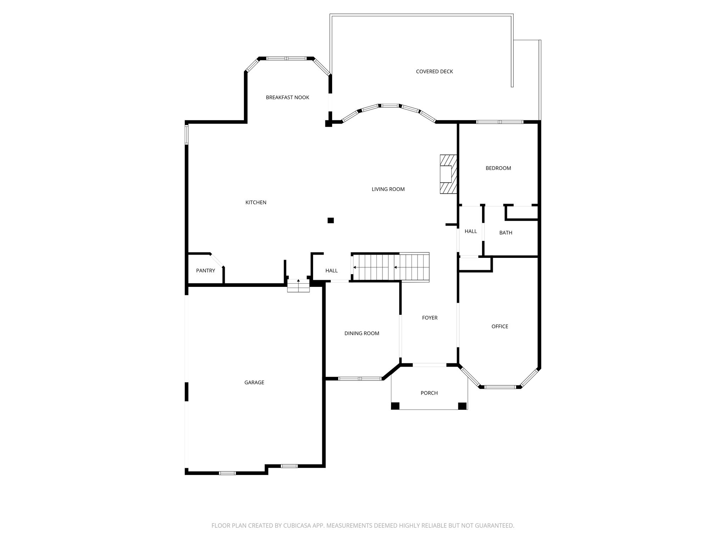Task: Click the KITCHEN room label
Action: (256, 203)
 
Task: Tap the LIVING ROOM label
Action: (388, 189)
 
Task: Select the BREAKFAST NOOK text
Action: (287, 97)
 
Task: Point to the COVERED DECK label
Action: (434, 72)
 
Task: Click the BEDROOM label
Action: (498, 168)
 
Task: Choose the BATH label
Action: (506, 233)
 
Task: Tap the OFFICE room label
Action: (500, 327)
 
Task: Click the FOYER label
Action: (430, 318)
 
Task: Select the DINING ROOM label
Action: (362, 333)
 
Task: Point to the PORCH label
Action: (429, 393)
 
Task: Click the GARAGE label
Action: (254, 382)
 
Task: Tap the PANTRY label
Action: (206, 271)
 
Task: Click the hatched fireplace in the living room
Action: (448, 174)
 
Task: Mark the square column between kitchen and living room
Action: (331, 220)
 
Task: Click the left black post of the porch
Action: (395, 406)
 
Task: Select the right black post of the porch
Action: (462, 406)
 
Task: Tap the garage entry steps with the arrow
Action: (298, 285)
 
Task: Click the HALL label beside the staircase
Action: (331, 271)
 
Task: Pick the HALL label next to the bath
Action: (471, 231)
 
